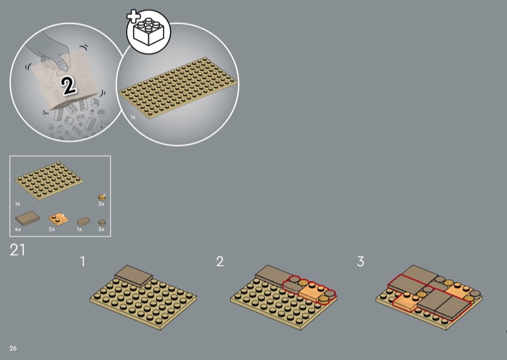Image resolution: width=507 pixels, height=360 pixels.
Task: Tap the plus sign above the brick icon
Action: (132, 16)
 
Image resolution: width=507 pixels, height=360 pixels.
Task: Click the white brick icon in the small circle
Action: (149, 32)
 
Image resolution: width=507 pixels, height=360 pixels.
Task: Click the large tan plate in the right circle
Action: (178, 87)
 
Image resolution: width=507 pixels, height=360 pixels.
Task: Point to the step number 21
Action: (17, 250)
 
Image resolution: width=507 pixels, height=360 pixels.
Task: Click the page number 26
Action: (13, 348)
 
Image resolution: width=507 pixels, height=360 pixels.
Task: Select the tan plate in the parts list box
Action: (49, 181)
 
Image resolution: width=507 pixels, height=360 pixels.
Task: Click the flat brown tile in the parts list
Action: (27, 218)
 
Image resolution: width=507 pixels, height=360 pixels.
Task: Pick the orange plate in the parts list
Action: (58, 219)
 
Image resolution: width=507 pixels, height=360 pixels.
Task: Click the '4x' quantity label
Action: (18, 229)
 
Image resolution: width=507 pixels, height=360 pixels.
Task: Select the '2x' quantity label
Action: (52, 229)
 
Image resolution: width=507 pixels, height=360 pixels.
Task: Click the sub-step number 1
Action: (83, 261)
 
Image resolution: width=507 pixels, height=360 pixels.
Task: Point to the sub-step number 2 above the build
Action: (220, 261)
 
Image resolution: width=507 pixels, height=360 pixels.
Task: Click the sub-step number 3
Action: (361, 261)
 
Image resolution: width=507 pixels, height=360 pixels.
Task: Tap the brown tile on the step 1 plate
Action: (134, 276)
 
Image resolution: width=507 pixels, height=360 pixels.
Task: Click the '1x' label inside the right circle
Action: (133, 117)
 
